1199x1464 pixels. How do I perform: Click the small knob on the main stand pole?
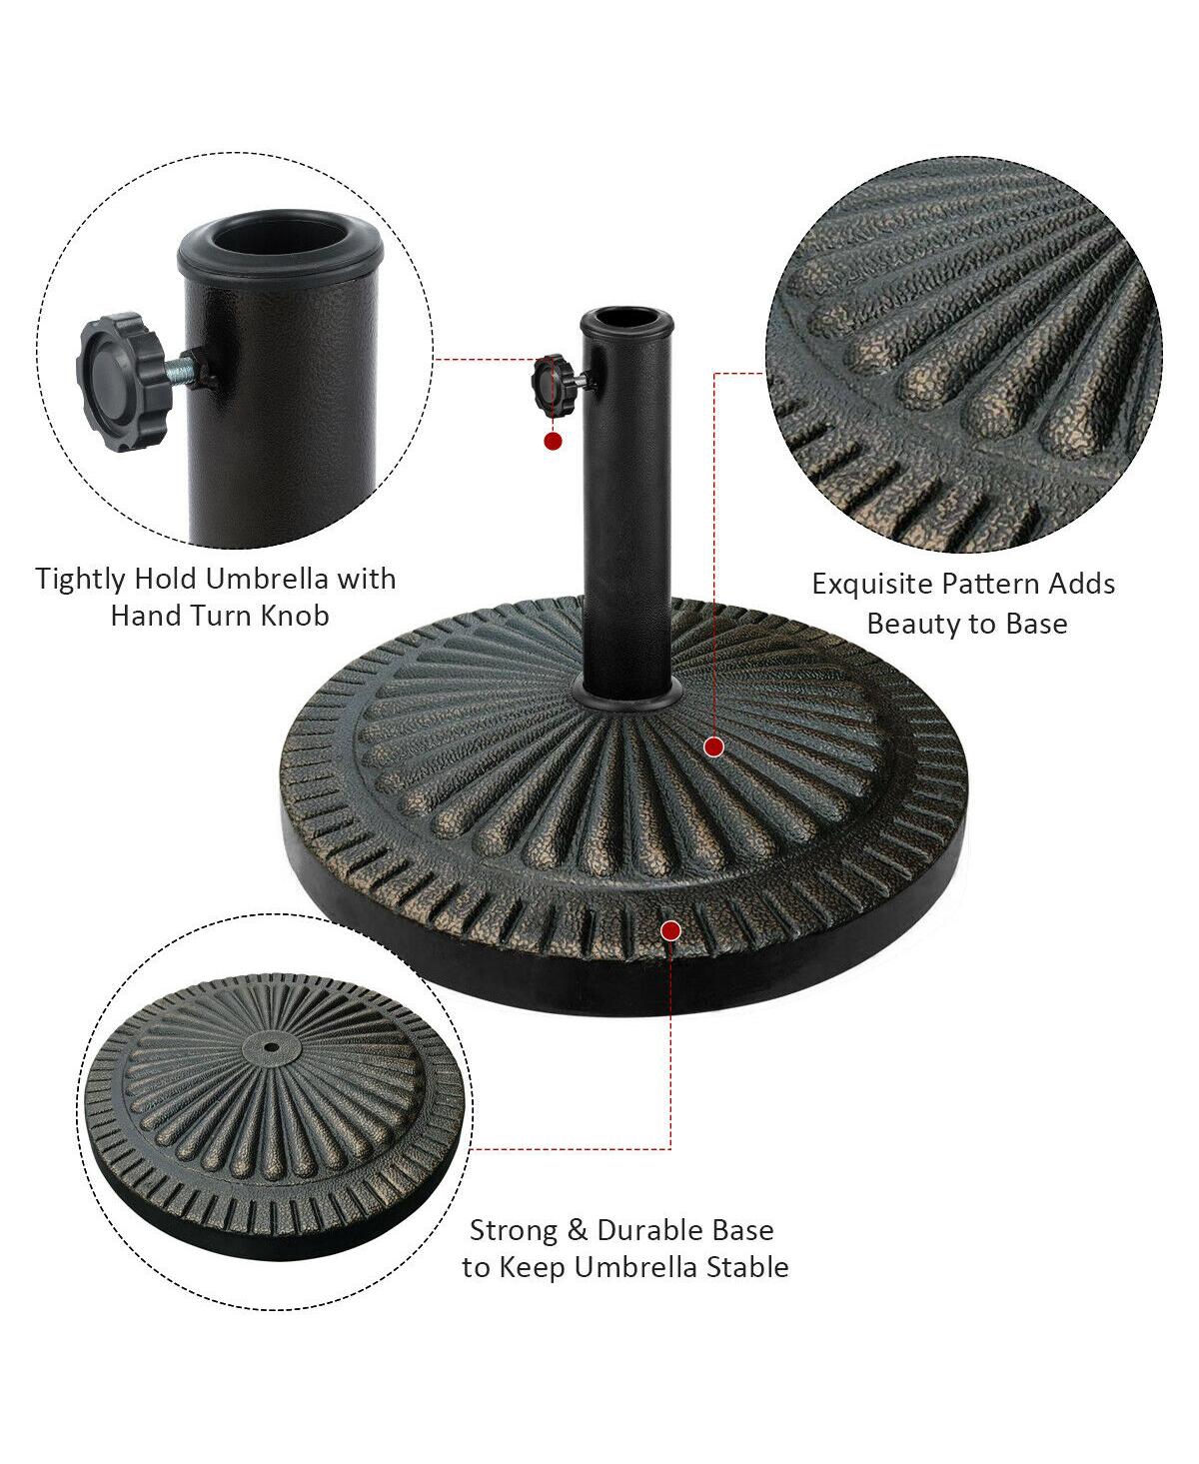point(549,384)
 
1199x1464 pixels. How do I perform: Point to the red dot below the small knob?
point(552,440)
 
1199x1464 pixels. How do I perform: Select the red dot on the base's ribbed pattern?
point(713,745)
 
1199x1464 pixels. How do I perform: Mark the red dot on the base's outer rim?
point(670,931)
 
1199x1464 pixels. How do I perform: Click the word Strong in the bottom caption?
point(514,1230)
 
